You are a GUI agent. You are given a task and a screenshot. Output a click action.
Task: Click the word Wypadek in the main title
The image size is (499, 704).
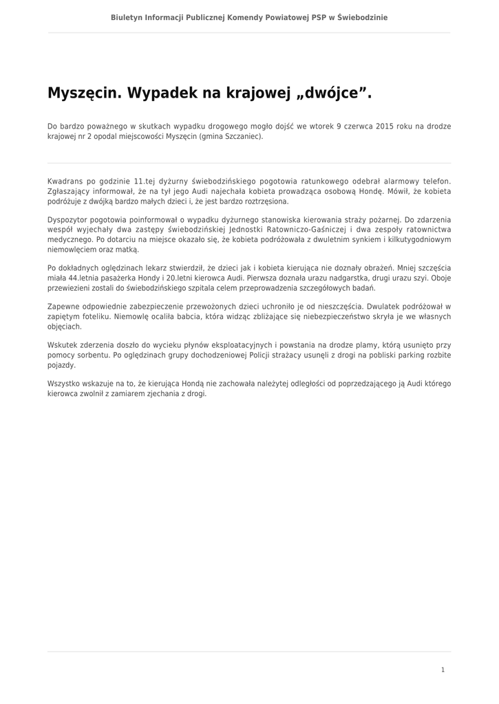162,93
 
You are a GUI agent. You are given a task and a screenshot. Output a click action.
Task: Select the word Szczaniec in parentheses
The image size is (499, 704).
241,136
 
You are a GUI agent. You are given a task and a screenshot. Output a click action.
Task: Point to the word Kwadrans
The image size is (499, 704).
66,182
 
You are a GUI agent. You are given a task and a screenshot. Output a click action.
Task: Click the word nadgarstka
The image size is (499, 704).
350,278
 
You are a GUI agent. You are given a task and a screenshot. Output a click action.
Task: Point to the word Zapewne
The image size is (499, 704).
64,307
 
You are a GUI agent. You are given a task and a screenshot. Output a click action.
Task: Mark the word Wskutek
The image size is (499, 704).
64,344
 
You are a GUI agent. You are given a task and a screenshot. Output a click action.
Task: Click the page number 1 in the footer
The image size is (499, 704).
443,670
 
